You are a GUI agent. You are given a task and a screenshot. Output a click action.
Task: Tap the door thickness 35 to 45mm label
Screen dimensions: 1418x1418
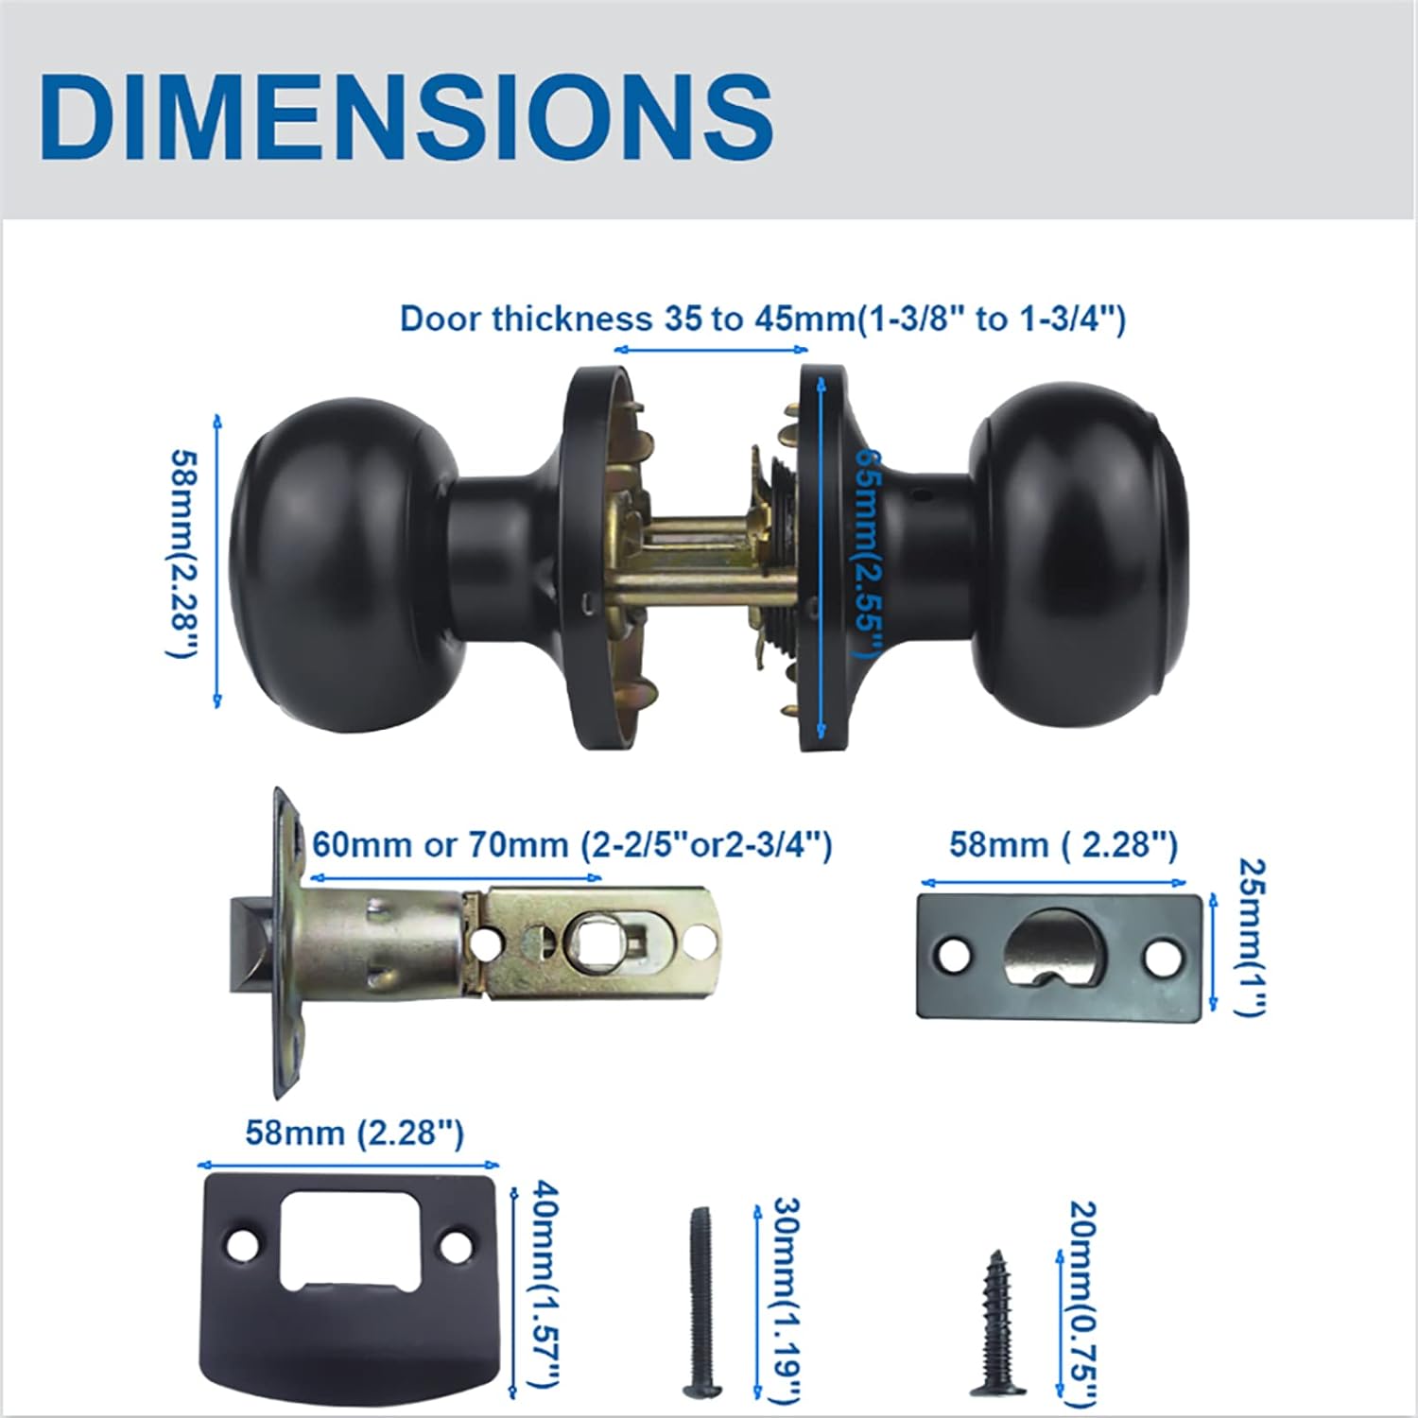pos(763,319)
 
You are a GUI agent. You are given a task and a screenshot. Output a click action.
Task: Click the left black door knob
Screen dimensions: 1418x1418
pos(346,558)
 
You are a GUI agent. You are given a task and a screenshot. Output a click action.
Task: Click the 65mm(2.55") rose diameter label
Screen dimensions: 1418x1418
pos(867,552)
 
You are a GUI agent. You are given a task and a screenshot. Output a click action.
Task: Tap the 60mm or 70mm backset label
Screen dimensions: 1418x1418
pos(572,844)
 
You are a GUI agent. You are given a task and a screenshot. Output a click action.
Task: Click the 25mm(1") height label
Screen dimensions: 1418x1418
pos(1251,936)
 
